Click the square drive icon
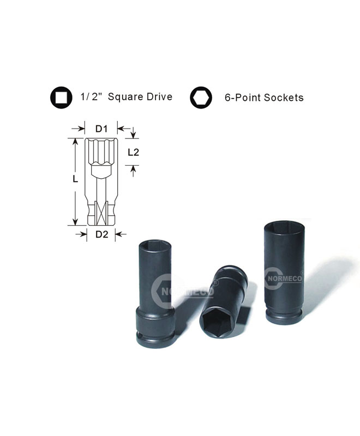(x=61, y=98)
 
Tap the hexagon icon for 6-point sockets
(x=201, y=98)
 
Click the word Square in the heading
(x=125, y=97)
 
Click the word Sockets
(x=284, y=98)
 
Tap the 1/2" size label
(x=92, y=97)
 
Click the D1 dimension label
(x=101, y=129)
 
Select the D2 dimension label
(x=101, y=234)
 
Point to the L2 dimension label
(x=133, y=152)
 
